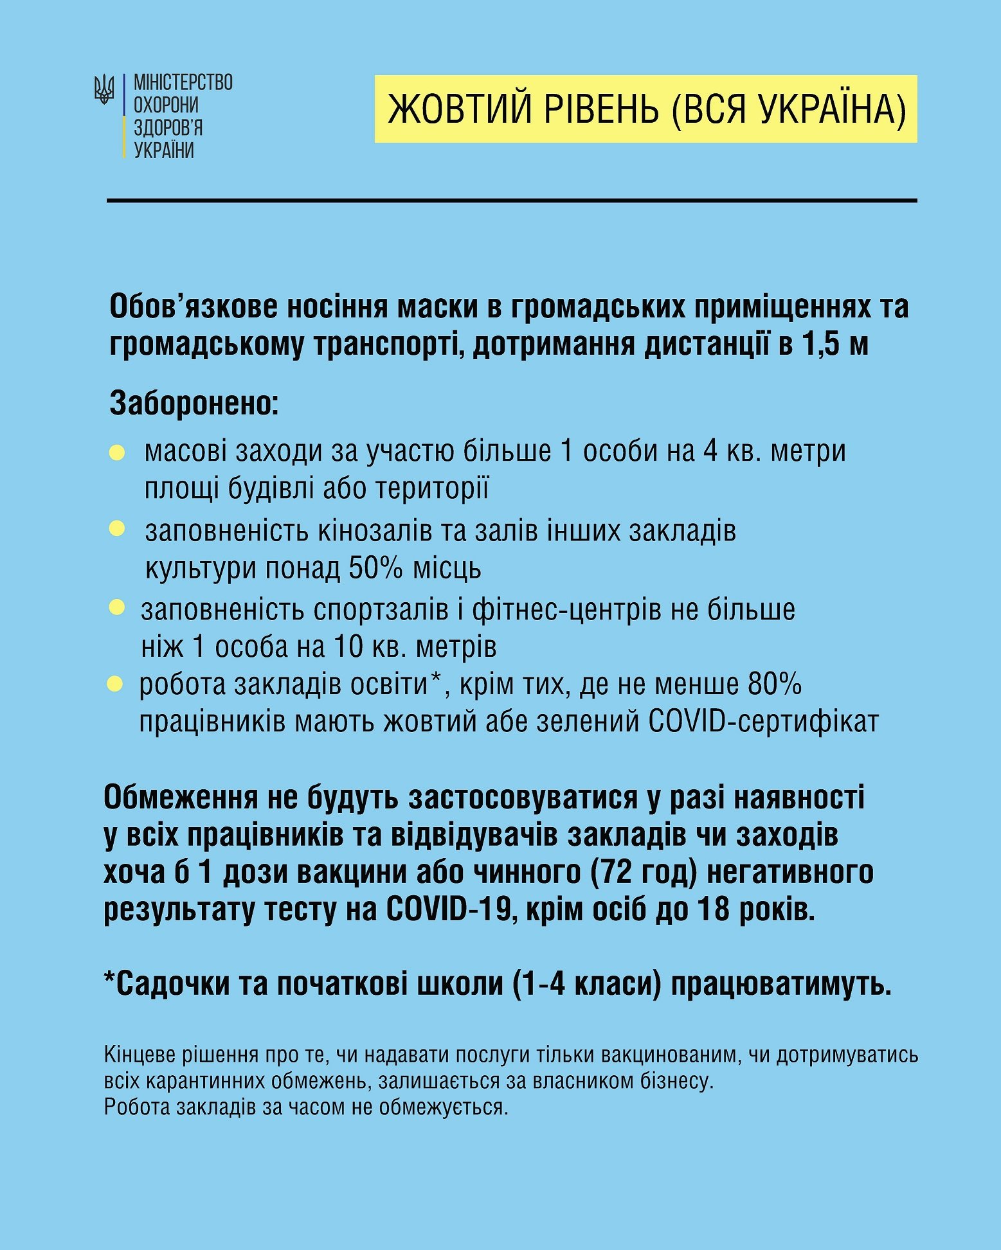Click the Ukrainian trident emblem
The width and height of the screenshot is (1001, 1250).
pyautogui.click(x=104, y=89)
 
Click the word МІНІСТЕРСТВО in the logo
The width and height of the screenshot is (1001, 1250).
pyautogui.click(x=183, y=83)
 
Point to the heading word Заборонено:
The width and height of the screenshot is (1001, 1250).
pyautogui.click(x=194, y=404)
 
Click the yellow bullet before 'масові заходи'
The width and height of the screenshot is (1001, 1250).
pyautogui.click(x=117, y=452)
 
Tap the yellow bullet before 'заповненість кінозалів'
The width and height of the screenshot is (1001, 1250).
pyautogui.click(x=117, y=529)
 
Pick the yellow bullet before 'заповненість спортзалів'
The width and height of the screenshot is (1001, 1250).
pyautogui.click(x=117, y=607)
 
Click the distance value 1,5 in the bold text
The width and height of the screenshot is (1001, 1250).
pyautogui.click(x=821, y=345)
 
